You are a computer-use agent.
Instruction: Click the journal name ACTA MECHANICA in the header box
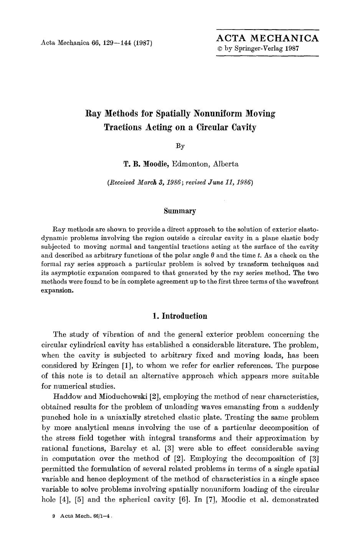268,38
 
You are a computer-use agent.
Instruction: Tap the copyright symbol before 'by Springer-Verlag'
220,49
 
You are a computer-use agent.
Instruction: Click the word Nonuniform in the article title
218,114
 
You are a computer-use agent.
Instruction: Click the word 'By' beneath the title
180,146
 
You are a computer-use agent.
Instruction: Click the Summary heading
180,211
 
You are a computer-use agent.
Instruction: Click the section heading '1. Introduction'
180,316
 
